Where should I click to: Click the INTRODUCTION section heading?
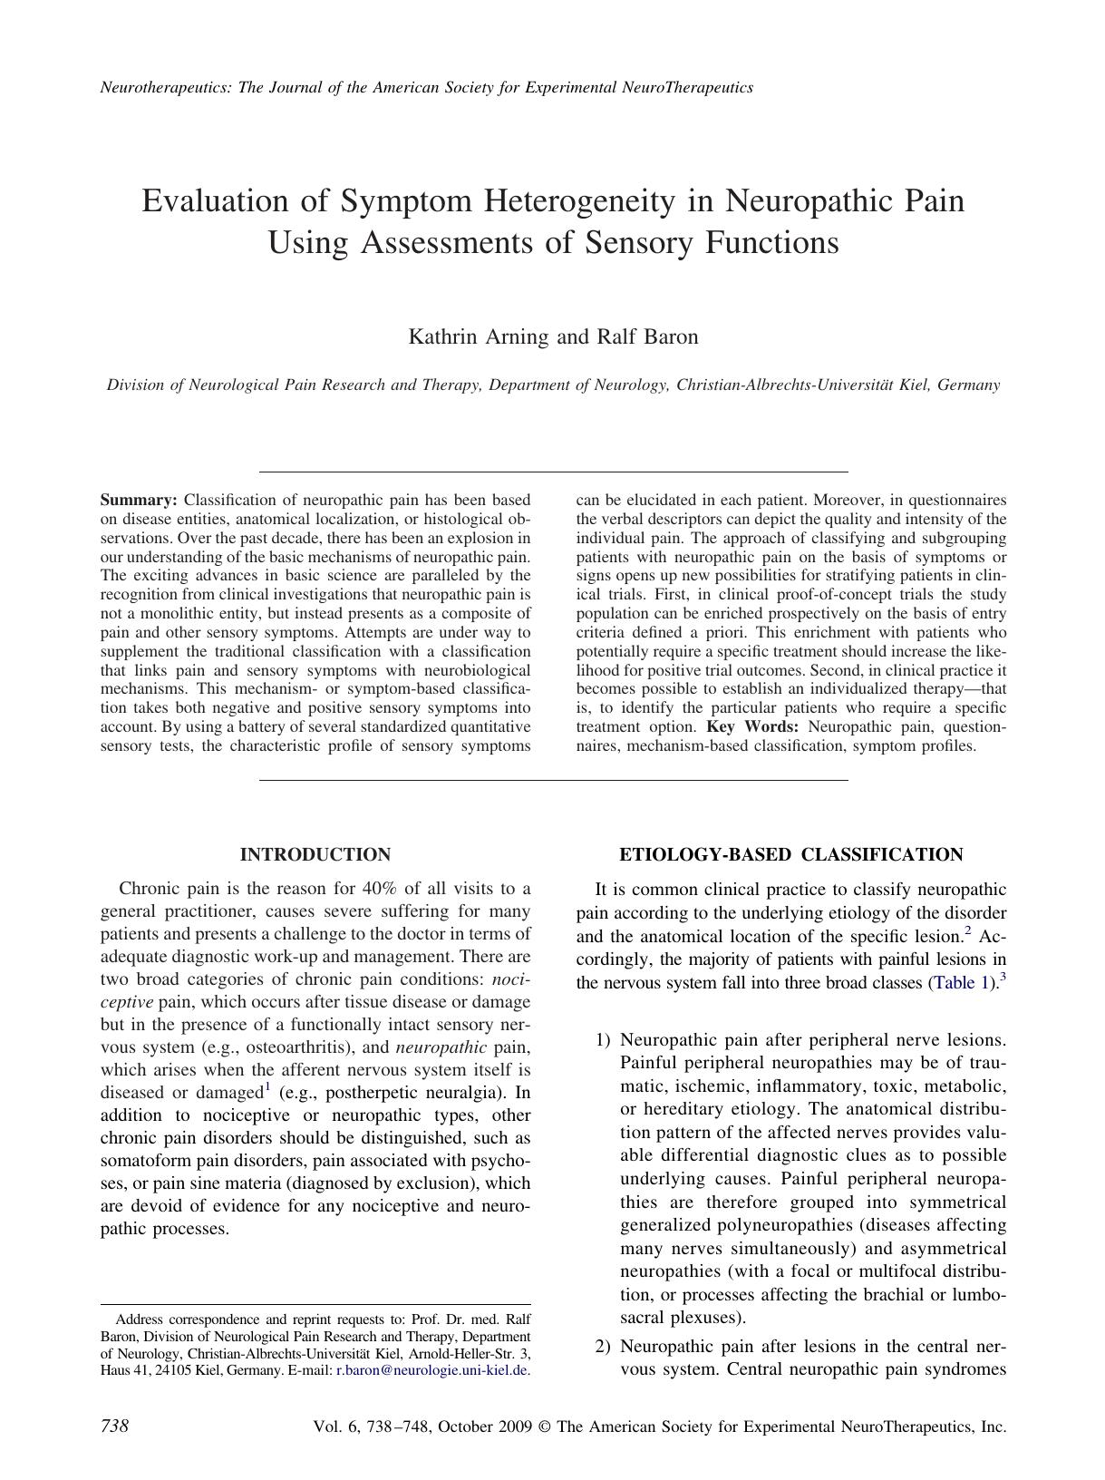(x=315, y=854)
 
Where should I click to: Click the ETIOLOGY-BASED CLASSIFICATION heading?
(x=790, y=854)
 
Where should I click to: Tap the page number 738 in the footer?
(x=114, y=1426)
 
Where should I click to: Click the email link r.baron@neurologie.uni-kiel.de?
(x=431, y=1370)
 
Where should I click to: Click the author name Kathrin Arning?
(x=479, y=337)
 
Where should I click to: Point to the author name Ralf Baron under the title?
(x=646, y=337)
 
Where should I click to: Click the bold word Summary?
(x=138, y=500)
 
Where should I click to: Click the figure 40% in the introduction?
(x=379, y=888)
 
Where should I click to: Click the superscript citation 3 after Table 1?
(x=1003, y=978)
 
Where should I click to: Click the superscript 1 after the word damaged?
(x=267, y=1087)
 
